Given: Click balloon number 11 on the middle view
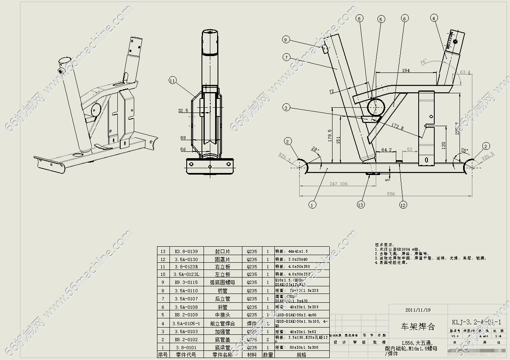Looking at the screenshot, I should pos(173,81).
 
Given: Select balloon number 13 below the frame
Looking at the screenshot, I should pos(361,205).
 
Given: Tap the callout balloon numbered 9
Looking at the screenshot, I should pos(286,39).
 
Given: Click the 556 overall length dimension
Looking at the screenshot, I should pos(391,194).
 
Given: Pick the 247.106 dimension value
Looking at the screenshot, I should pos(339,184).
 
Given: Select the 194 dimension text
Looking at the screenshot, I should pos(405,70).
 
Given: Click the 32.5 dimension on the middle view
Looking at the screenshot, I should pos(183,111).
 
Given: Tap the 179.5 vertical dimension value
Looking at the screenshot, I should pos(330,136).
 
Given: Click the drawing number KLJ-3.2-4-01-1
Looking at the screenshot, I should pos(476,322).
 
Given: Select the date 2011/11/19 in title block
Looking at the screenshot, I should pos(418,310).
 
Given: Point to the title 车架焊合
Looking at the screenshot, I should pos(418,327).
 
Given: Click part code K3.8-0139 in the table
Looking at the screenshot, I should pos(186,251).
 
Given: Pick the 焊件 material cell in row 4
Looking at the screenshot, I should pos(252,323).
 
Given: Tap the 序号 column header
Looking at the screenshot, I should pos(163,354).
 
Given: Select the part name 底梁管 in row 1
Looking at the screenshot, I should pos(222,348).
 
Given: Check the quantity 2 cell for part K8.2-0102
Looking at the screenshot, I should pos(268,340).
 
